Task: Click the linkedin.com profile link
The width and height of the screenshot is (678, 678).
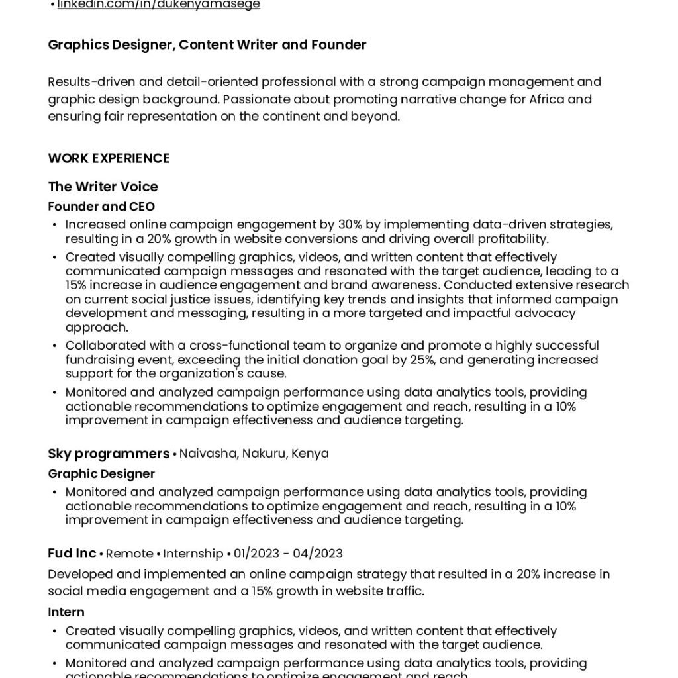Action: click(159, 5)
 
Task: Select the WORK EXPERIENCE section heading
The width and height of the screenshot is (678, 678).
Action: click(109, 158)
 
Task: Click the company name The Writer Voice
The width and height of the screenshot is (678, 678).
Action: click(103, 187)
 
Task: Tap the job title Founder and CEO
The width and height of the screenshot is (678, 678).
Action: click(101, 207)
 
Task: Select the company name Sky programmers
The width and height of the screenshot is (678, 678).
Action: click(109, 454)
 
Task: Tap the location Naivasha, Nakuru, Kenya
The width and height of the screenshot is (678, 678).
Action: click(254, 454)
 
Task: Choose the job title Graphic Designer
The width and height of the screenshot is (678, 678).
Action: click(101, 474)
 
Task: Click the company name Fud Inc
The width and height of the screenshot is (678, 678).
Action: click(72, 554)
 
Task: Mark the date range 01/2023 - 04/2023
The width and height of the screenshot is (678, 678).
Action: click(288, 554)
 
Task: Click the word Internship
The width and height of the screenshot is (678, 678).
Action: click(193, 554)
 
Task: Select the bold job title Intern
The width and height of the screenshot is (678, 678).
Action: click(66, 612)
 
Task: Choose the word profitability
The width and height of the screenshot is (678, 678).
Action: click(507, 239)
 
